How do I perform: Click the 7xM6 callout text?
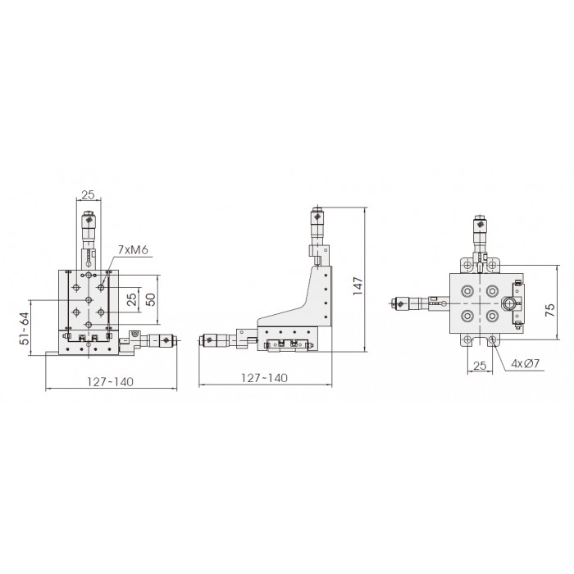tap(133, 250)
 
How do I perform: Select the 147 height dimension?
tap(358, 286)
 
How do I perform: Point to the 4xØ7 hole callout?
tap(526, 363)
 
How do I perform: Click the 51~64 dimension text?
tap(24, 328)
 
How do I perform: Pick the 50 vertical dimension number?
tap(150, 299)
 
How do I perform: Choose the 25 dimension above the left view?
tap(88, 195)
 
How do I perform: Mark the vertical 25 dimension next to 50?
tap(132, 299)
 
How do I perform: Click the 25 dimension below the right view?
tap(480, 366)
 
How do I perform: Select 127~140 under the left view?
tap(110, 382)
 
